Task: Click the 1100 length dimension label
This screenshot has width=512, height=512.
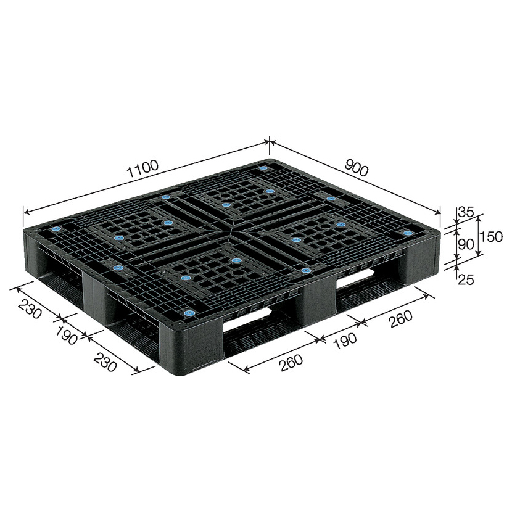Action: [143, 168]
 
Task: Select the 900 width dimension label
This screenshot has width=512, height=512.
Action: [357, 169]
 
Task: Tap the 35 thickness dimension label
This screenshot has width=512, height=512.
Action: [466, 212]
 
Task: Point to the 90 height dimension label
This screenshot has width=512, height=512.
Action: [466, 244]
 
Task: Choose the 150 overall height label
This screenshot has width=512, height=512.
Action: [491, 237]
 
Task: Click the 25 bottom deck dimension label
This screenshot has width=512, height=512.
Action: [466, 280]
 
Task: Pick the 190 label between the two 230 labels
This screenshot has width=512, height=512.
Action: [66, 336]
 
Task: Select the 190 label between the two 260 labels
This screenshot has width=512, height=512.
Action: [345, 341]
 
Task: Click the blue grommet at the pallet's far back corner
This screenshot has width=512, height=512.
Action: [263, 168]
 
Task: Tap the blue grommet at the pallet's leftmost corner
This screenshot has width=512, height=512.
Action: [56, 229]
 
